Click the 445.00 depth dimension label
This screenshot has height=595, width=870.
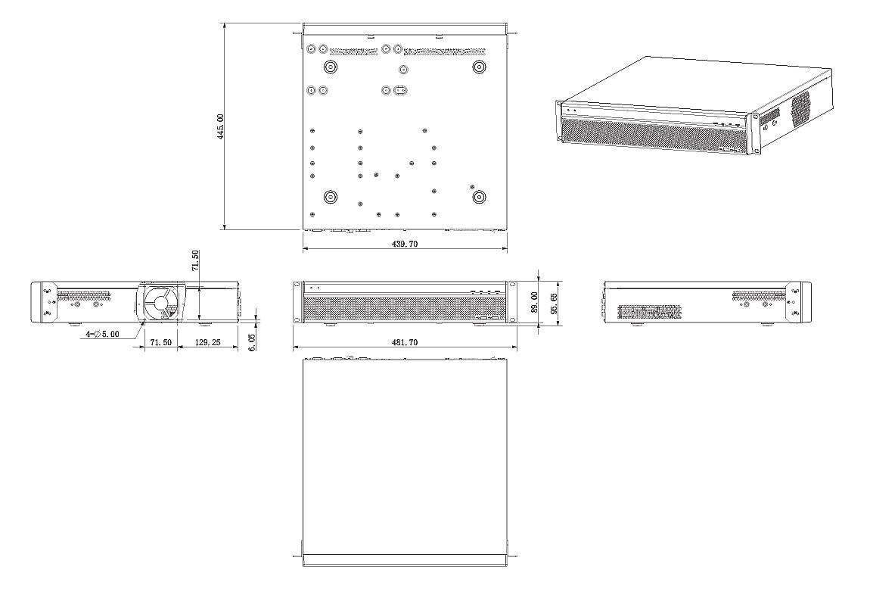220,126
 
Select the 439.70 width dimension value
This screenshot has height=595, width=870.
405,244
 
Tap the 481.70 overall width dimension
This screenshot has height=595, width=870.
405,342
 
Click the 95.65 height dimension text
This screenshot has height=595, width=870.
554,303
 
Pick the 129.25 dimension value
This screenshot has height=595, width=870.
207,342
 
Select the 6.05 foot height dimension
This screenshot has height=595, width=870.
253,342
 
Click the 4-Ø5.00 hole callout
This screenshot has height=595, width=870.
102,334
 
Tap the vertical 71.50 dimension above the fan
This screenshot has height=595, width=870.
194,261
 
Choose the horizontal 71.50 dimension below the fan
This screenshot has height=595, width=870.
160,342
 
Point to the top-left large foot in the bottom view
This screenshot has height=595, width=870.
331,67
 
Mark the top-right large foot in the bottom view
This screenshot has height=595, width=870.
479,67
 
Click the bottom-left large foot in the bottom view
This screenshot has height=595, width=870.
331,197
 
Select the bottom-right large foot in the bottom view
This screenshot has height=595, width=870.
479,197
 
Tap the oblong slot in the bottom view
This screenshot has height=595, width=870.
401,90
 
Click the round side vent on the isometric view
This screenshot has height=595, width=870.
800,107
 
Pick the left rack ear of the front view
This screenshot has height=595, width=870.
297,301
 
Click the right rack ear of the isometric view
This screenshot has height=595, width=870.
754,134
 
